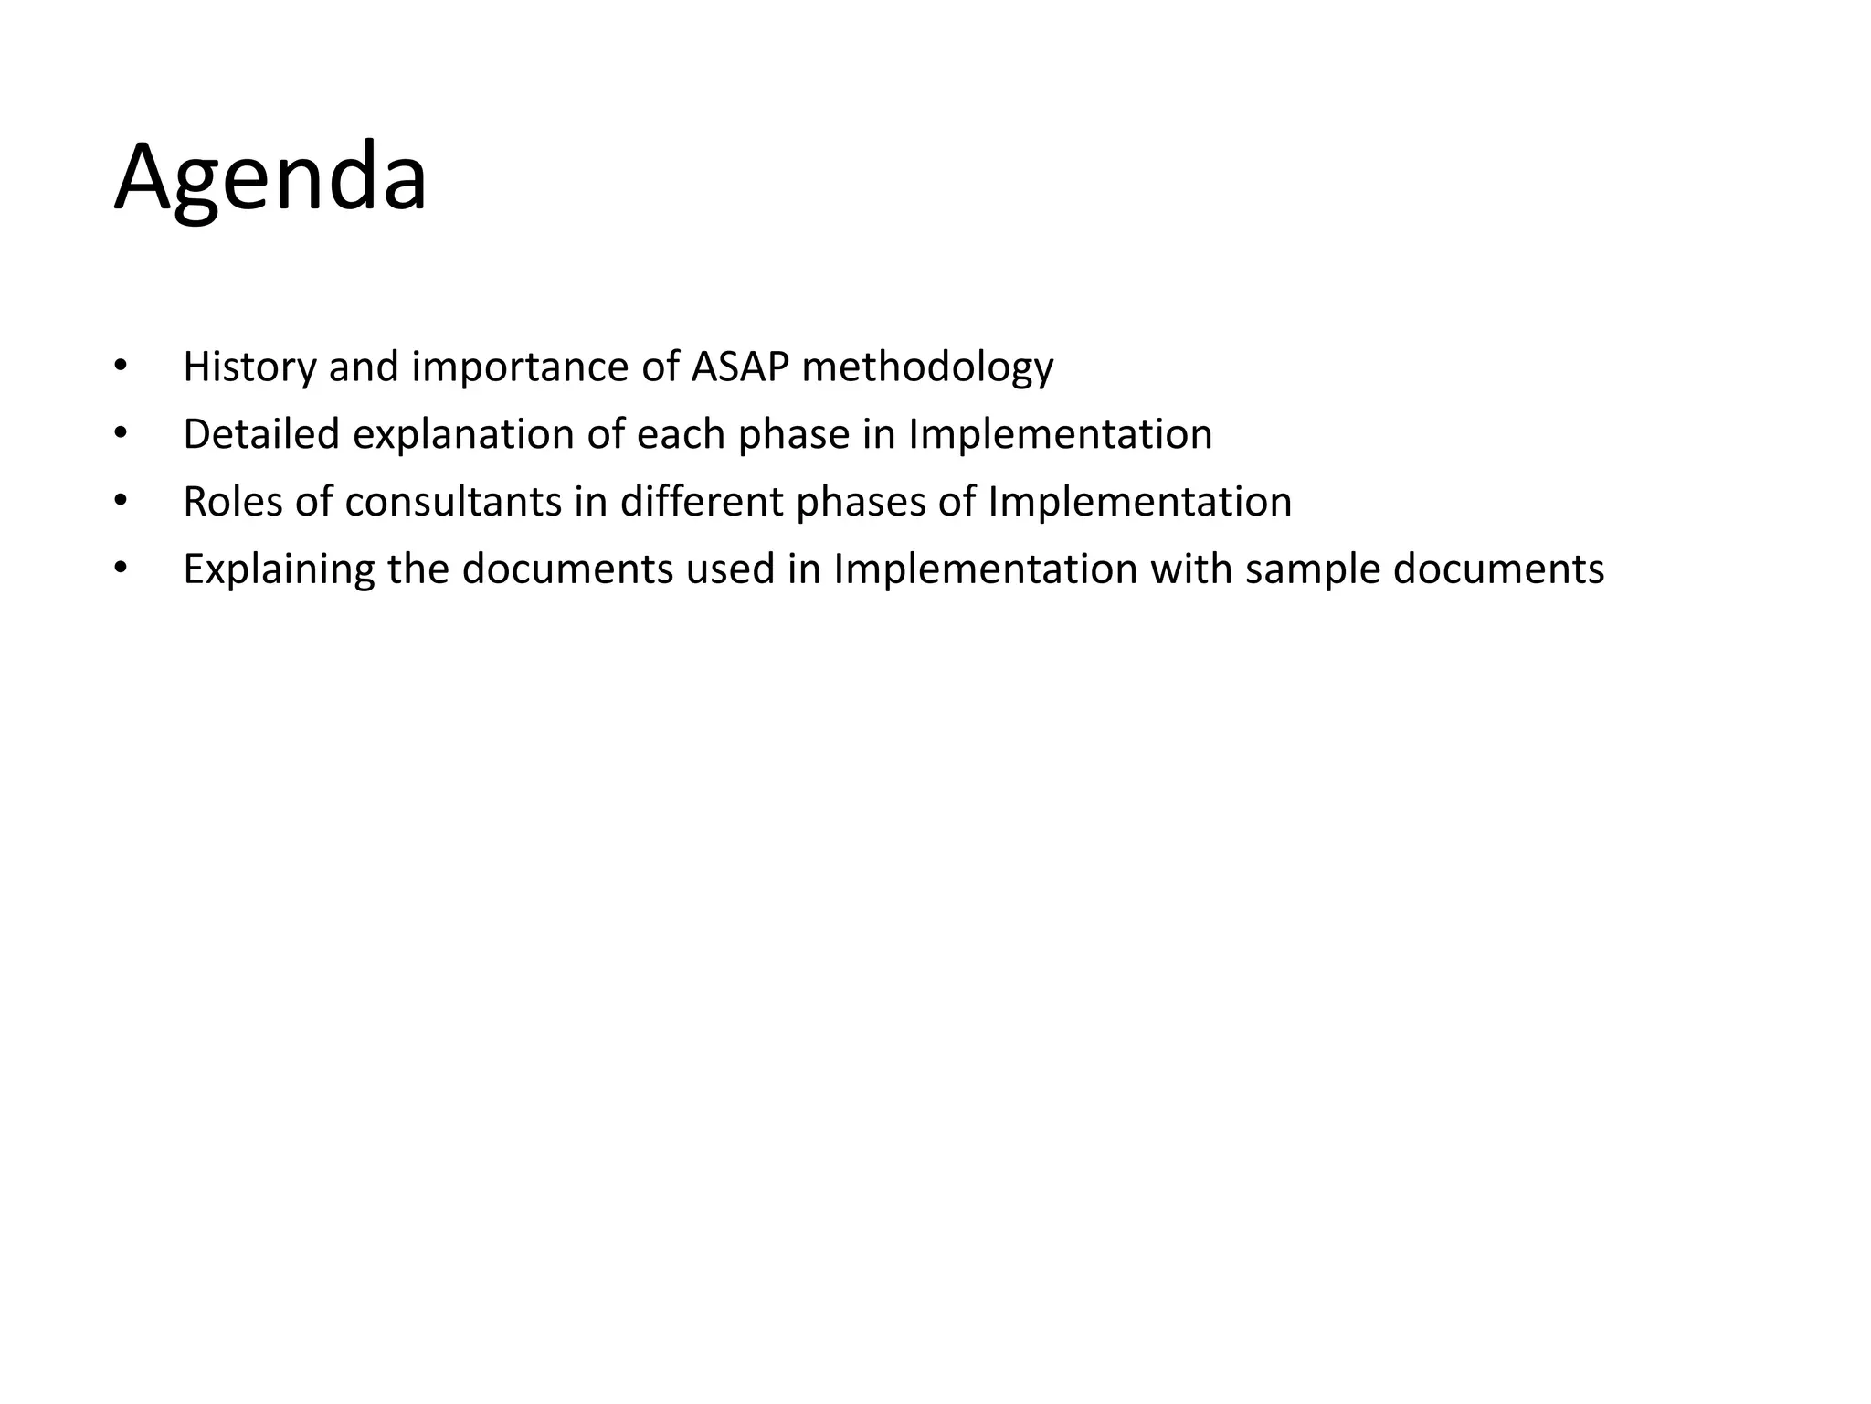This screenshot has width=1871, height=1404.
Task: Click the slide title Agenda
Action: pos(270,179)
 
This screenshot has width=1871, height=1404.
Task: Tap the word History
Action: pos(248,367)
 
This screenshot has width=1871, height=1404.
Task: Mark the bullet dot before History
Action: pos(119,367)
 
